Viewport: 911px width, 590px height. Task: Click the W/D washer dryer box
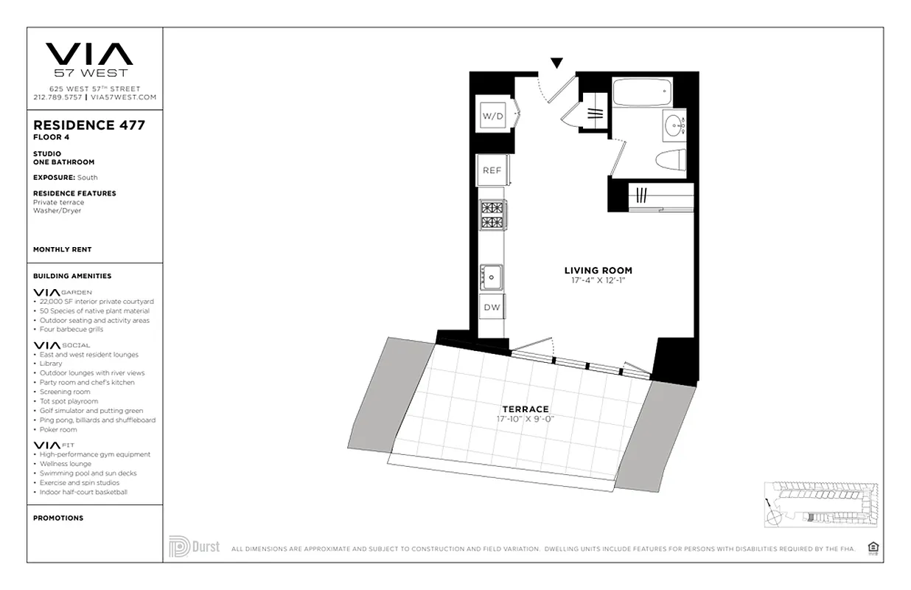coord(492,115)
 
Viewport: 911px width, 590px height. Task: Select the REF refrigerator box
coord(492,170)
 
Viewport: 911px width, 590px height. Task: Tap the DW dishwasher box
coord(492,308)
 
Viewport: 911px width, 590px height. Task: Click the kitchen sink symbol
coord(492,277)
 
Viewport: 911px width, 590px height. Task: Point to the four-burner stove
coord(492,215)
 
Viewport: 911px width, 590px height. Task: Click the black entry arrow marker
coord(557,63)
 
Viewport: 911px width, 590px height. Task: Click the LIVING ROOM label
coord(598,271)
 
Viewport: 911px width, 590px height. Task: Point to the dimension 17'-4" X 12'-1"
coord(598,280)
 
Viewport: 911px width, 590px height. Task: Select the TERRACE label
coord(525,409)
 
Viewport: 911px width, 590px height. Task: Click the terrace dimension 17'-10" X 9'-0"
coord(525,419)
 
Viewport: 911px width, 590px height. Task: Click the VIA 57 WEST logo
coord(89,58)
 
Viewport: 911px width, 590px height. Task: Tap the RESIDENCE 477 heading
coord(89,125)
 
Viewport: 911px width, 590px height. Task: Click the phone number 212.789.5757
coord(57,97)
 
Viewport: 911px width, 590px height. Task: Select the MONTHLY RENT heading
coord(62,250)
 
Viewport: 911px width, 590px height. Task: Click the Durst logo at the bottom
coord(194,547)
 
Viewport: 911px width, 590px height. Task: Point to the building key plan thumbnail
coord(820,504)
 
